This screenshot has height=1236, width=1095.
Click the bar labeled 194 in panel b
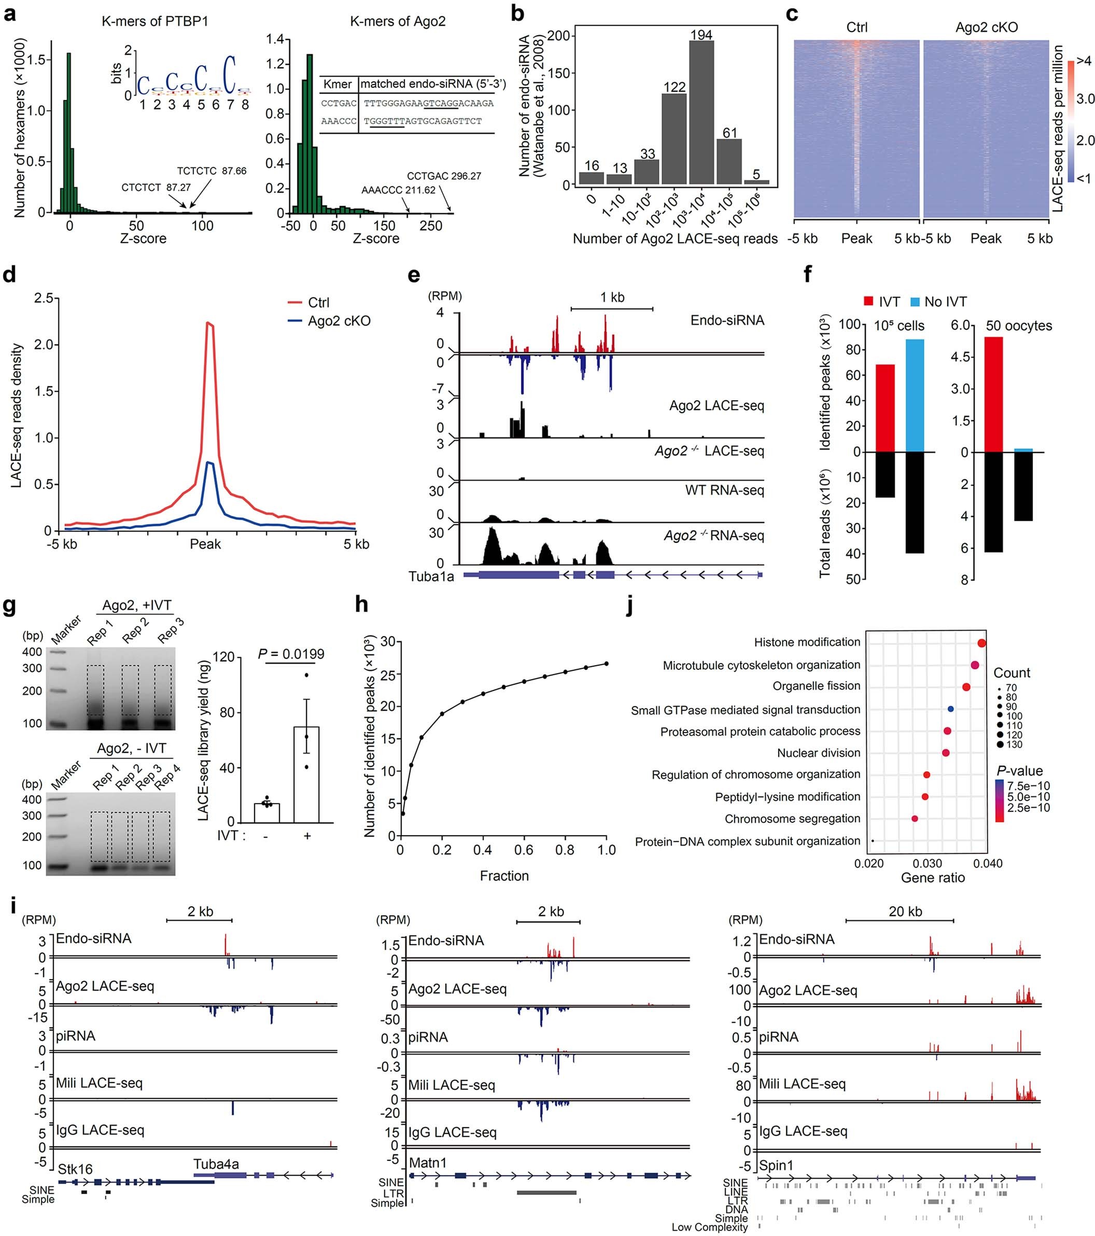[x=701, y=112]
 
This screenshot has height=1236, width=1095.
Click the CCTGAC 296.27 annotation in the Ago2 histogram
[x=444, y=176]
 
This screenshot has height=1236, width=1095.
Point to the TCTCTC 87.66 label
[x=212, y=171]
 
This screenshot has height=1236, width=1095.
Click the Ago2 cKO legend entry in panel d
[x=339, y=320]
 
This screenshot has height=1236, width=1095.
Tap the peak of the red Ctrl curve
[x=207, y=323]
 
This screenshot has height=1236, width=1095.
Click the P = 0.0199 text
[x=291, y=654]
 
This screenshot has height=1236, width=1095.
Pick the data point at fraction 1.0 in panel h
[x=606, y=663]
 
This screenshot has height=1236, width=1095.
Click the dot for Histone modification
[x=981, y=643]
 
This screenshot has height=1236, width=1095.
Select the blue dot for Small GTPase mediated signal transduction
[x=950, y=709]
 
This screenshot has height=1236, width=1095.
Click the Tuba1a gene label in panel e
[x=431, y=577]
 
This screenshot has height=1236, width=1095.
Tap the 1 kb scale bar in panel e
[x=612, y=309]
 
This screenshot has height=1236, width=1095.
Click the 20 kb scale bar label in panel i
[x=905, y=911]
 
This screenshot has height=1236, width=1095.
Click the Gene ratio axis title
[x=932, y=877]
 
